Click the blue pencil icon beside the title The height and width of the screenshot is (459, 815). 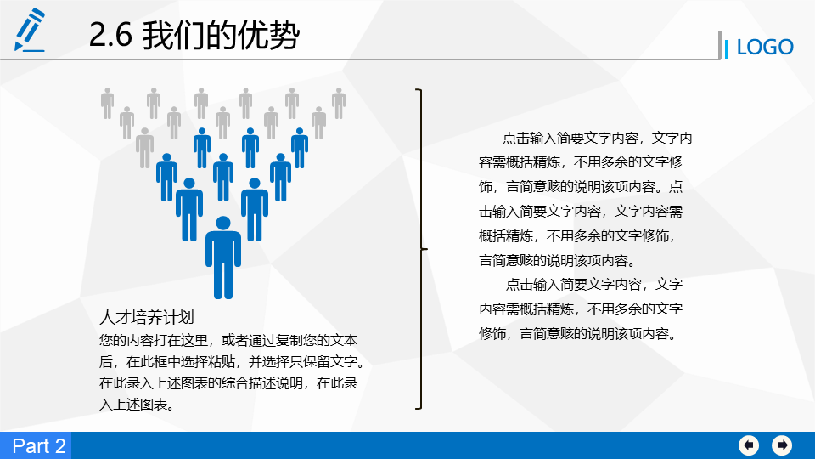tap(30, 31)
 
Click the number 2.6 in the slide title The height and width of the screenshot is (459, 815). tap(110, 36)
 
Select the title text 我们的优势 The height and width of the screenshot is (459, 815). tap(221, 36)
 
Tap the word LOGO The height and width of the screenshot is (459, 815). tap(765, 48)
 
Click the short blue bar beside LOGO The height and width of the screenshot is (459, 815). tap(726, 49)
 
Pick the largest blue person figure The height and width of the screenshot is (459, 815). tap(223, 258)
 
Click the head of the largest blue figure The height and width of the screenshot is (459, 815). tap(223, 223)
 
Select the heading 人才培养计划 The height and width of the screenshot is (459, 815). tap(147, 317)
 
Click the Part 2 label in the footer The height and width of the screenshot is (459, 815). tap(39, 446)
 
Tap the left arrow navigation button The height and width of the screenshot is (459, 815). tap(749, 445)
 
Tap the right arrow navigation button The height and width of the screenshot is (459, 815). tap(782, 445)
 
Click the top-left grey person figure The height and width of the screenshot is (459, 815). tap(108, 103)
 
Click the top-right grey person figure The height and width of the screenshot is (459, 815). tap(339, 103)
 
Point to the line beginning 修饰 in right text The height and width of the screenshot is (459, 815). tap(579, 333)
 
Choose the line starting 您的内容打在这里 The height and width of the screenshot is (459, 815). tap(228, 340)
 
